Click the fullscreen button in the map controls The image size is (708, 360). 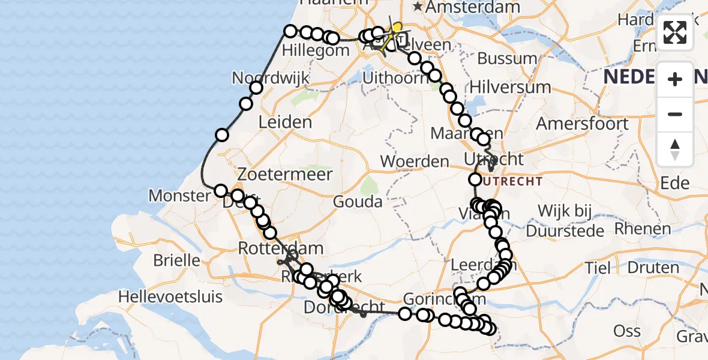[675, 32]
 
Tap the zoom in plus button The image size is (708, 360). [675, 79]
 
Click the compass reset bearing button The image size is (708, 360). [675, 149]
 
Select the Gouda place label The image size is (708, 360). [358, 202]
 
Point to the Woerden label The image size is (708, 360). [415, 161]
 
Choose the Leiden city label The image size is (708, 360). [285, 122]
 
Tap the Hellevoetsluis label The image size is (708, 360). [170, 296]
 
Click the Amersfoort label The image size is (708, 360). [582, 124]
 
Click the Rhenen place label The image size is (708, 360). [643, 229]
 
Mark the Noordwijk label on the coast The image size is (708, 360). [271, 78]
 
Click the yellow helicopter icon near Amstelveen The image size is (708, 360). [396, 29]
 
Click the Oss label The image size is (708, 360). [627, 331]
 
